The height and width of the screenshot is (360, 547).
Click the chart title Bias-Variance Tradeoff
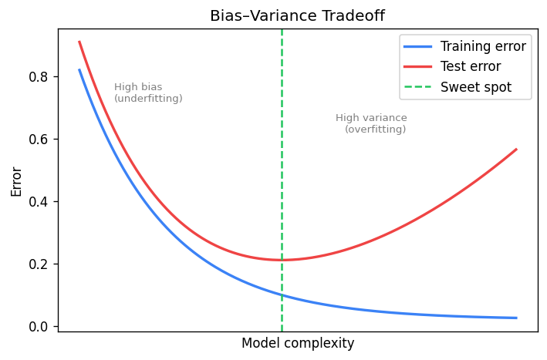[298, 15]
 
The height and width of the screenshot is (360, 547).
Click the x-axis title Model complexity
[298, 343]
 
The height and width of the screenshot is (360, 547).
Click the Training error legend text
[483, 46]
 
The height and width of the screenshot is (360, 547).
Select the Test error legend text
[471, 66]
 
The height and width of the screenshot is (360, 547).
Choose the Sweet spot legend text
[476, 87]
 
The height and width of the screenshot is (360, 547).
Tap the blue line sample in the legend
[417, 46]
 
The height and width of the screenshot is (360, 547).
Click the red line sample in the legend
[417, 66]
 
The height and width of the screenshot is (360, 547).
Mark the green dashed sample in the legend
[417, 87]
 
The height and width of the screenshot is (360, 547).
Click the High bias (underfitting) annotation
[148, 93]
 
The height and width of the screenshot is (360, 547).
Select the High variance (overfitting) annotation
[372, 124]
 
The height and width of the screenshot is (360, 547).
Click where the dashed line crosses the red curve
[282, 260]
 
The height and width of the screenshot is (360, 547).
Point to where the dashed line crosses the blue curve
[282, 294]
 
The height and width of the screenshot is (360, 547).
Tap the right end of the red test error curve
[516, 149]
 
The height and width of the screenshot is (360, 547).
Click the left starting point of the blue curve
[79, 69]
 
